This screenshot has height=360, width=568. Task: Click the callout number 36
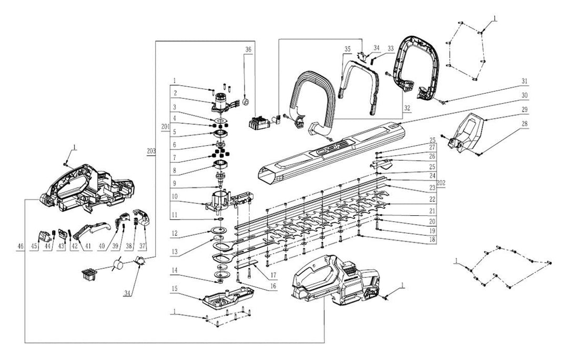pyautogui.click(x=248, y=49)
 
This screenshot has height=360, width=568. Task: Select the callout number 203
pyautogui.click(x=151, y=150)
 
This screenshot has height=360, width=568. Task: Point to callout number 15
pyautogui.click(x=175, y=289)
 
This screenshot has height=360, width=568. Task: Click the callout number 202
pyautogui.click(x=441, y=183)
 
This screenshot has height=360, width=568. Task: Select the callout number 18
pyautogui.click(x=432, y=239)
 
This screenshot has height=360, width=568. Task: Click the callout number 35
pyautogui.click(x=347, y=49)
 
